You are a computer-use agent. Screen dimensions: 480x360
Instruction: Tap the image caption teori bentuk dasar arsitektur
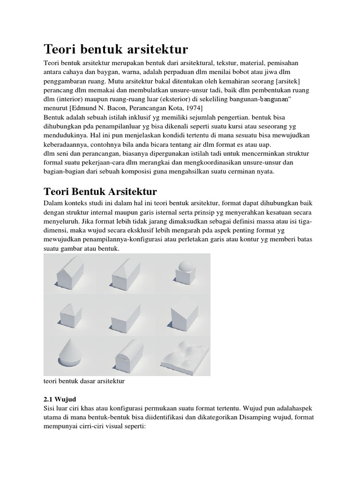(x=84, y=382)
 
